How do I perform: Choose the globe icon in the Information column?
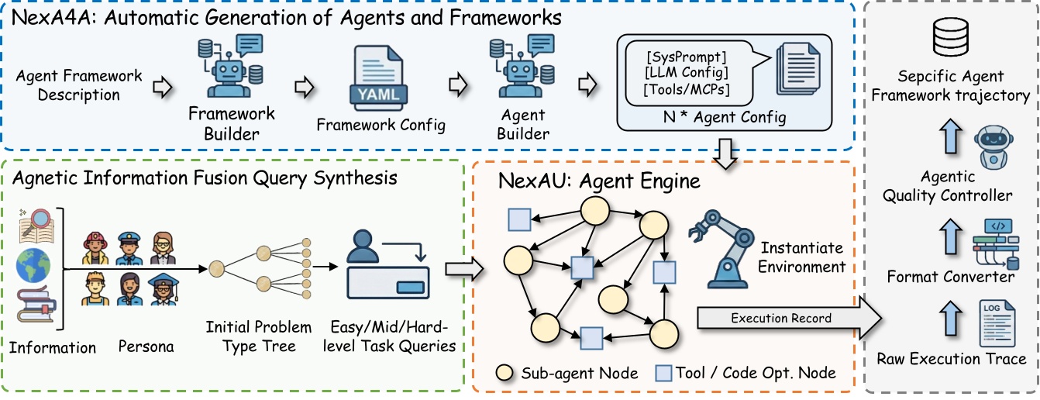coord(33,265)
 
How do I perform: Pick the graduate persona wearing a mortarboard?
coord(164,290)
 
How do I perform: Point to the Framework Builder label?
coord(232,123)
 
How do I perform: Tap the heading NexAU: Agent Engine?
coord(599,182)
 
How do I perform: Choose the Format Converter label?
coord(951,276)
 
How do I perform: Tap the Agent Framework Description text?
coord(79,85)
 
